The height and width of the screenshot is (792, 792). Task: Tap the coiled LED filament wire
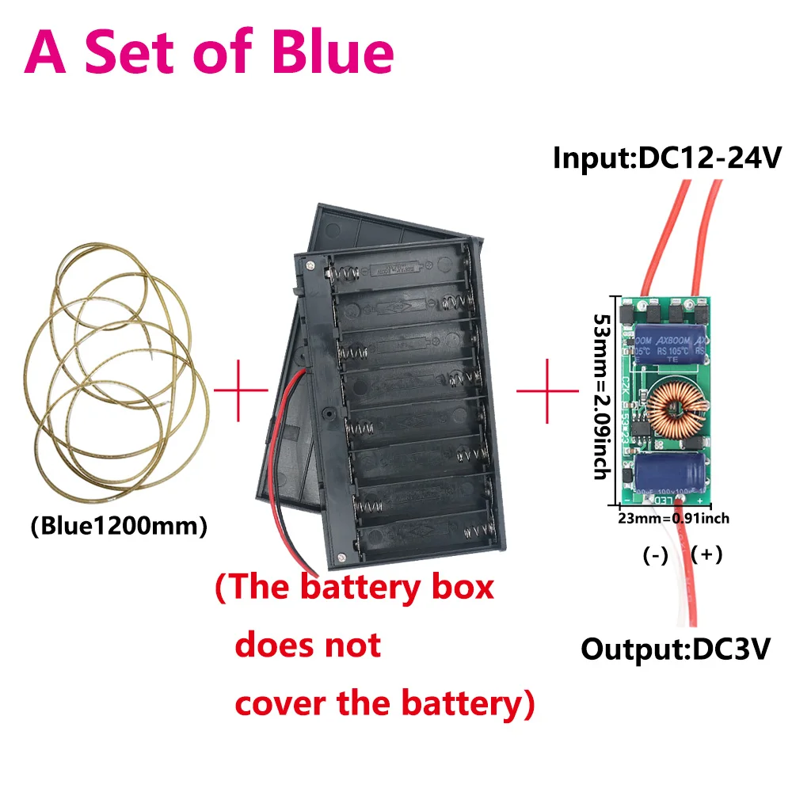(x=119, y=372)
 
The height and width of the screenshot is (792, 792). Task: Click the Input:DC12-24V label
(x=668, y=157)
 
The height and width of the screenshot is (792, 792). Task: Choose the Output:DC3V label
(x=676, y=649)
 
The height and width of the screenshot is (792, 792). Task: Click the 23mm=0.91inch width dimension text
(x=673, y=519)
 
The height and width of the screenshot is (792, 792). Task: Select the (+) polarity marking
(x=706, y=554)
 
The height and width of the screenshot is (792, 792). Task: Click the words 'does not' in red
(x=308, y=645)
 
